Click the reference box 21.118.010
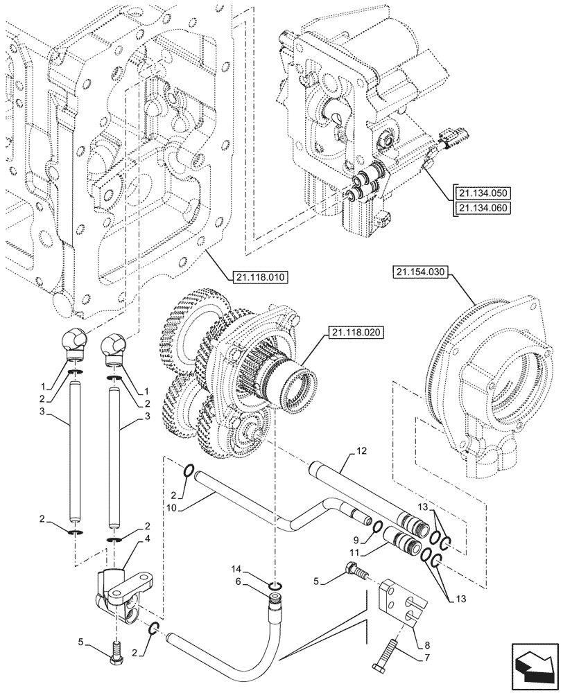click(257, 277)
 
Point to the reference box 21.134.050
click(484, 192)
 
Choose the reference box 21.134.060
click(484, 207)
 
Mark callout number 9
click(355, 538)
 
